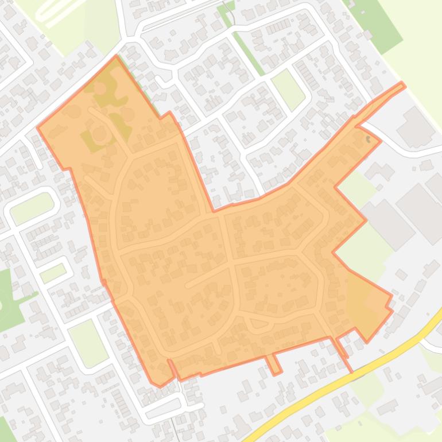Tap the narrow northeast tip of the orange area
(402, 86)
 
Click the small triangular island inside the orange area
(259, 323)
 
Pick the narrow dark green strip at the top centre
(243, 40)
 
